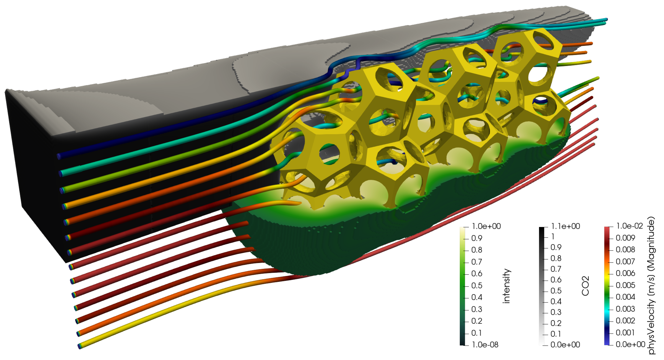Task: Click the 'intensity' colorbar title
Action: (507, 286)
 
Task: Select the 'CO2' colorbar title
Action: (585, 286)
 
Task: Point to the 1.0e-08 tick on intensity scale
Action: (485, 345)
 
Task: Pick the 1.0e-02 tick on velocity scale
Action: (630, 226)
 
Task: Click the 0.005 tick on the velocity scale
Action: (625, 285)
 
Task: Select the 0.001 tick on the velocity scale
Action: (625, 333)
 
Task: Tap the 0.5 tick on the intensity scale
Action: (477, 285)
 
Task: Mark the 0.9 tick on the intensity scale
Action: (477, 238)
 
